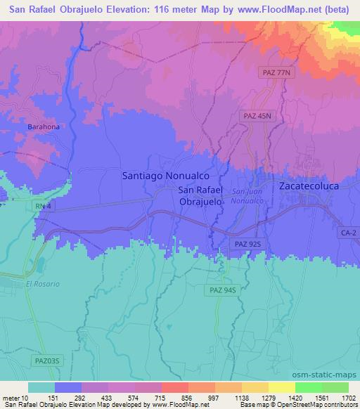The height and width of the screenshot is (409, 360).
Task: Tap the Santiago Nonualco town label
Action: click(x=166, y=176)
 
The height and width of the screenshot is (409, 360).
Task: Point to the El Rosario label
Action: click(x=43, y=284)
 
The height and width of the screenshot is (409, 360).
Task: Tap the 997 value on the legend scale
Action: click(x=206, y=398)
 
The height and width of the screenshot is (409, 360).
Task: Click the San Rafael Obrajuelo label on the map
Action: click(x=201, y=195)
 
